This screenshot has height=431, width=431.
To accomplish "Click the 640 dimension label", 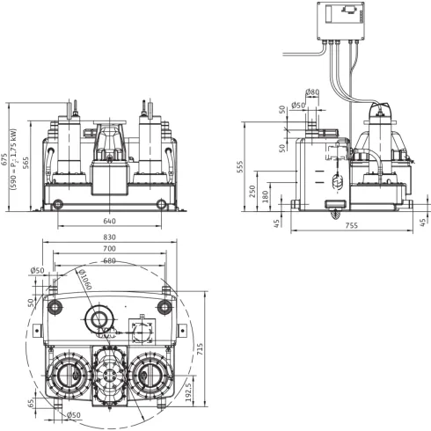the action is (x=109, y=221).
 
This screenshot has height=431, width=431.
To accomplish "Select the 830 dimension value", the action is (x=109, y=237).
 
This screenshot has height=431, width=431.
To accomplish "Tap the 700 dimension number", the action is (x=109, y=249).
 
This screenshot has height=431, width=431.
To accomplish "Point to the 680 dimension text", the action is (x=109, y=260).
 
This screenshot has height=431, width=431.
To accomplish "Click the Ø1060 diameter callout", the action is (x=85, y=280).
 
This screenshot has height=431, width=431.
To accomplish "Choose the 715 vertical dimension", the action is (x=200, y=349).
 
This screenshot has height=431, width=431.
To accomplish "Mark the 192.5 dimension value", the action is (x=188, y=391).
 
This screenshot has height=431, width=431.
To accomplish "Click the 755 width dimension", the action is (x=352, y=225).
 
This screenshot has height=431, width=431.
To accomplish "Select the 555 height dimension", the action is (x=240, y=166).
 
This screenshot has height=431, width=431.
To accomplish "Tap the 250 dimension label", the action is (x=252, y=191).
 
